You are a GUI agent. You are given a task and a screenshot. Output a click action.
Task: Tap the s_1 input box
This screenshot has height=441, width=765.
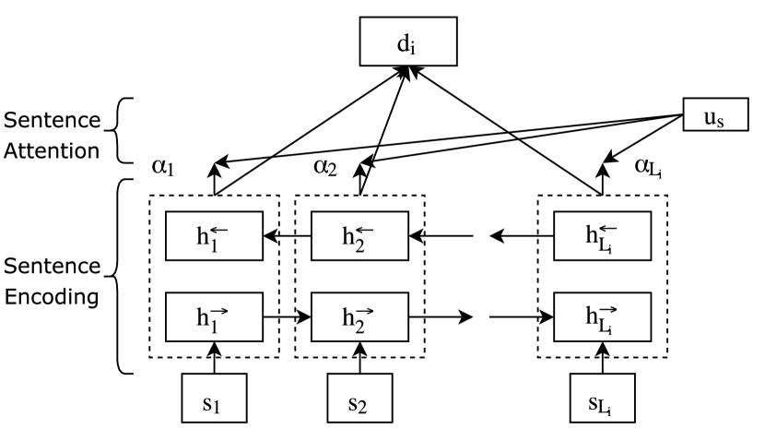tap(214, 398)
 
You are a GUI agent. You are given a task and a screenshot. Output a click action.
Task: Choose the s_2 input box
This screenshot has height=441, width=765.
tap(359, 398)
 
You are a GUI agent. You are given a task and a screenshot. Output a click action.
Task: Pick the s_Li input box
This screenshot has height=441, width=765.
tap(601, 398)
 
